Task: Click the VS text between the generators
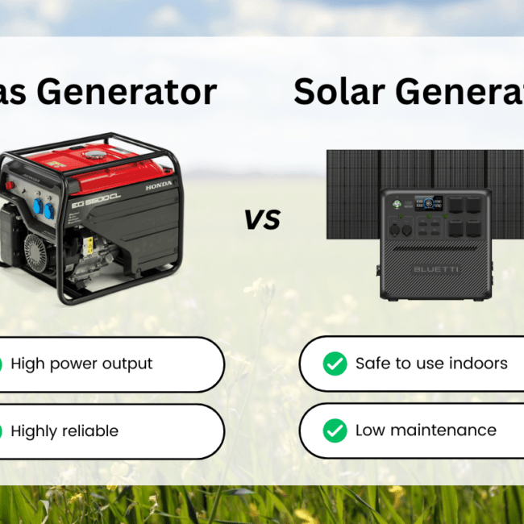[x=262, y=218]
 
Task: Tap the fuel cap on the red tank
[x=96, y=152]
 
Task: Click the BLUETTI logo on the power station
[x=435, y=268]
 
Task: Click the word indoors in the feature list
[x=477, y=364]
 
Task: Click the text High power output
[x=81, y=364]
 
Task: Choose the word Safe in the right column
[x=373, y=364]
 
